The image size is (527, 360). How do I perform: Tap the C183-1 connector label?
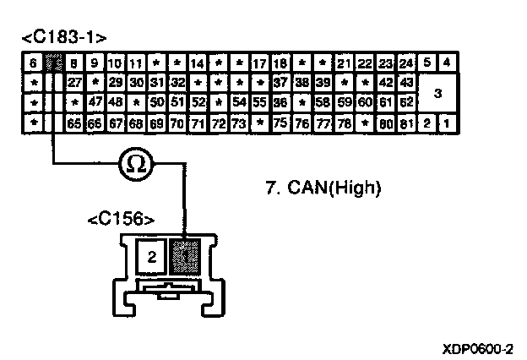click(66, 38)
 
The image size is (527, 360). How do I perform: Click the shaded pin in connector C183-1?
click(52, 63)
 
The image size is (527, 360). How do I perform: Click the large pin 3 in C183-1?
click(437, 93)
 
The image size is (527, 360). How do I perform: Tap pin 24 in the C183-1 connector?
click(406, 63)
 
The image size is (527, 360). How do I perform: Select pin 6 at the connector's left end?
click(32, 63)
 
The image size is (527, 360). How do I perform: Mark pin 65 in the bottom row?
click(73, 123)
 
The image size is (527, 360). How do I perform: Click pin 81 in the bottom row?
click(406, 123)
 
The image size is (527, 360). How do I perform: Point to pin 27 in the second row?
click(73, 83)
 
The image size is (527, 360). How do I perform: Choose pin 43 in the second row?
click(406, 83)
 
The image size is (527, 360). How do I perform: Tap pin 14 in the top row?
click(198, 63)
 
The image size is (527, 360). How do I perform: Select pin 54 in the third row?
click(240, 103)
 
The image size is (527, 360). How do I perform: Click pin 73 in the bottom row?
click(240, 123)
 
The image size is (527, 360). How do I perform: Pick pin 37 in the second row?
click(281, 83)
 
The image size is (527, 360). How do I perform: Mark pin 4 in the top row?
click(447, 63)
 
